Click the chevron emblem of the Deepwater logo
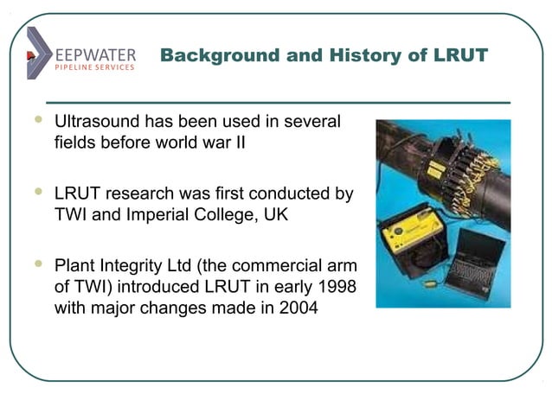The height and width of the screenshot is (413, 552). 38,54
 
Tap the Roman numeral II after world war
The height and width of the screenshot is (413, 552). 238,143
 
